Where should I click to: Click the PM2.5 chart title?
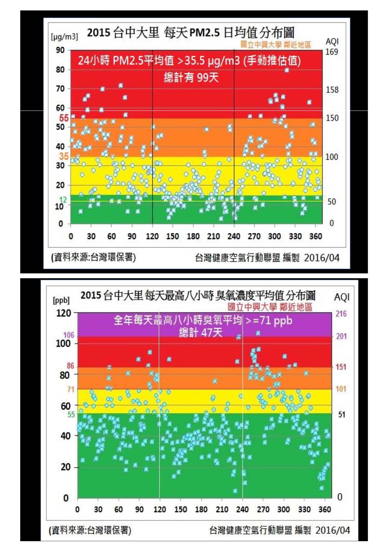pyautogui.click(x=190, y=33)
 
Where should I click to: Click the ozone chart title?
pyautogui.click(x=198, y=295)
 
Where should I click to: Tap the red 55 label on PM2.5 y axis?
pyautogui.click(x=64, y=118)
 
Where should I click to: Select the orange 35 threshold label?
pyautogui.click(x=64, y=156)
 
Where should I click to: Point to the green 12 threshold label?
pyautogui.click(x=63, y=199)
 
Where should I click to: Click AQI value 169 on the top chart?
pyautogui.click(x=332, y=52)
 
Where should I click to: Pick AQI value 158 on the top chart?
pyautogui.click(x=332, y=90)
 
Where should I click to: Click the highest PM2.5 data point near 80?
pyautogui.click(x=287, y=70)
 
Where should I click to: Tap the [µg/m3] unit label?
pyautogui.click(x=64, y=37)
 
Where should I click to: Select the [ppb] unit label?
pyautogui.click(x=61, y=300)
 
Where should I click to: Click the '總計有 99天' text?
pyautogui.click(x=191, y=77)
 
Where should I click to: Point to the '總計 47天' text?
pyautogui.click(x=200, y=332)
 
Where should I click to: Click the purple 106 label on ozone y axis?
pyautogui.click(x=69, y=335)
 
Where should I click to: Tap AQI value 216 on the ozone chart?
pyautogui.click(x=341, y=313)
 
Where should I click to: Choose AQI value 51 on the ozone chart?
pyautogui.click(x=341, y=415)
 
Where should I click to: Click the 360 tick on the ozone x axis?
pyautogui.click(x=325, y=509)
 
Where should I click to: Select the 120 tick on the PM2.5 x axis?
pyautogui.click(x=152, y=236)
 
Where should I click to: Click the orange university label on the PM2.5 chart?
pyautogui.click(x=275, y=44)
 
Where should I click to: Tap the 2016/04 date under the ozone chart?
pyautogui.click(x=332, y=530)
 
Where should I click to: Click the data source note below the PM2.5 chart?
pyautogui.click(x=93, y=257)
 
